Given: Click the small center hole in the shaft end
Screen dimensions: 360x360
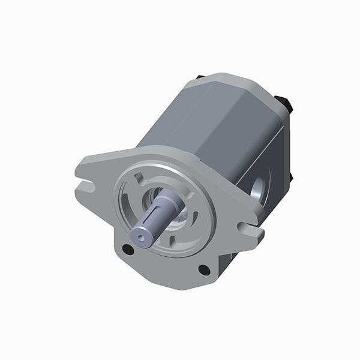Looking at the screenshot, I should [141, 238].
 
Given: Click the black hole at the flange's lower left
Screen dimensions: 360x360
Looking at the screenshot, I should [127, 249].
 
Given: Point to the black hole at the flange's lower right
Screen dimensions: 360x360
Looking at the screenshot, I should [204, 270].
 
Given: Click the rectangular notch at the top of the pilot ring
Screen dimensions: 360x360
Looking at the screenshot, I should [139, 178].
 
